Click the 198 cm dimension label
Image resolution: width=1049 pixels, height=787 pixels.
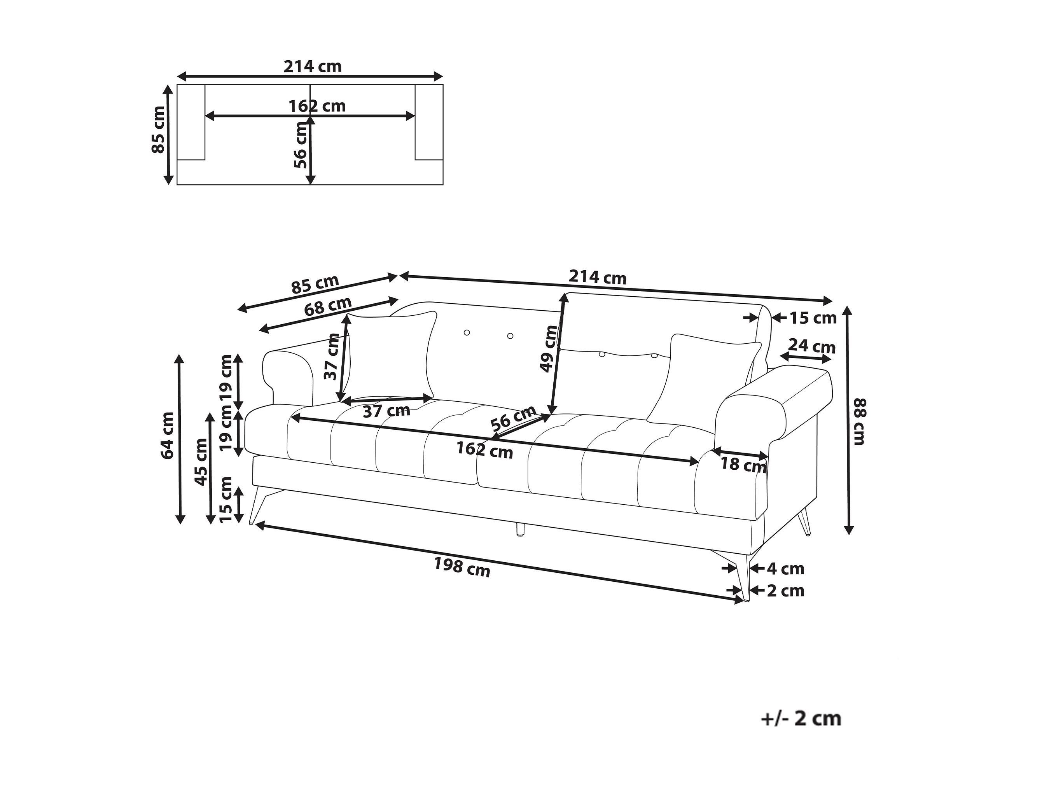pyautogui.click(x=462, y=567)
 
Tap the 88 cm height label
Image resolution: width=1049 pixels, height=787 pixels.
pyautogui.click(x=860, y=422)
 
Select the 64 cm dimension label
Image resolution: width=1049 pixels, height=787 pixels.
pyautogui.click(x=168, y=436)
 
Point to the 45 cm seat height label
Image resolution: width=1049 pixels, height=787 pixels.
pyautogui.click(x=201, y=462)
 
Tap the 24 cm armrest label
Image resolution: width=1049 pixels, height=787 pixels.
pyautogui.click(x=812, y=346)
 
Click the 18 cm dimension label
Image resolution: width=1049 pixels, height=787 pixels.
pyautogui.click(x=743, y=464)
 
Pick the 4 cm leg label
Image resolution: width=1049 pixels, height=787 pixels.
pyautogui.click(x=786, y=568)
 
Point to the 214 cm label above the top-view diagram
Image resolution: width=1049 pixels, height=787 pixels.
pyautogui.click(x=313, y=66)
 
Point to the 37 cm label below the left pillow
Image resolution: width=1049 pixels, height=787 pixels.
pyautogui.click(x=386, y=411)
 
